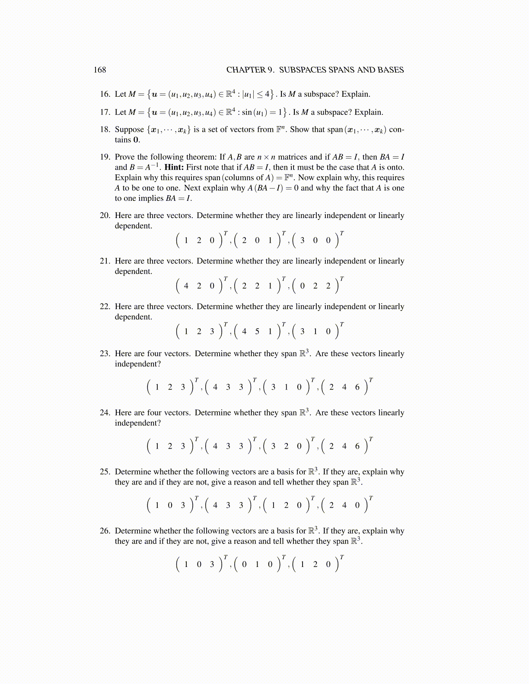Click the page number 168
click(x=100, y=70)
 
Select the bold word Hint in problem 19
click(x=174, y=167)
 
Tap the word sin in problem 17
click(x=247, y=112)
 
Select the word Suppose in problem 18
click(x=129, y=130)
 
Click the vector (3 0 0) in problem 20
click(x=315, y=241)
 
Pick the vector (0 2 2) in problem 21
click(x=315, y=286)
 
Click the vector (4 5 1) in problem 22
click(x=257, y=332)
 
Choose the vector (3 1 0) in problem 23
click(x=286, y=387)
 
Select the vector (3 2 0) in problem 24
click(x=286, y=446)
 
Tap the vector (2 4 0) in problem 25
click(x=344, y=505)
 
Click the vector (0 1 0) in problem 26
click(x=257, y=564)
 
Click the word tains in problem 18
click(x=123, y=140)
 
